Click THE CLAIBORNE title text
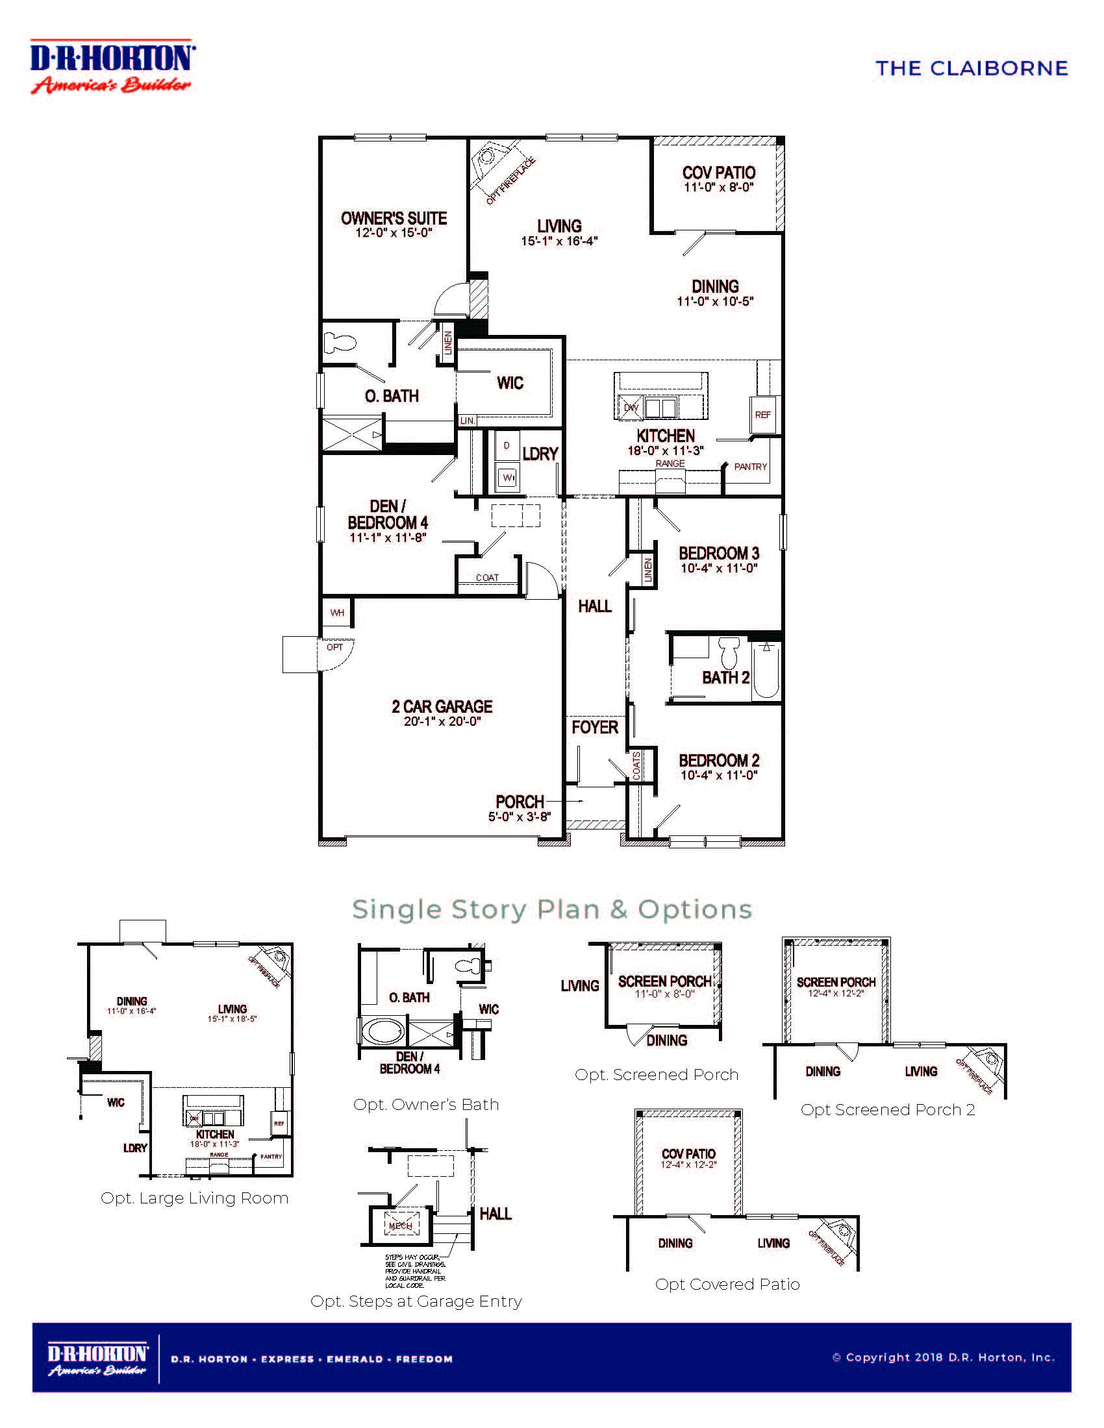pos(972,68)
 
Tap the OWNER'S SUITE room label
pos(394,218)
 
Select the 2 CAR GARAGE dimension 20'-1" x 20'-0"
pos(442,721)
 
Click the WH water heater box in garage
pos(337,613)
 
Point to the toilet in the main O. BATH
pos(340,343)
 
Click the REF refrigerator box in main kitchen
pos(762,415)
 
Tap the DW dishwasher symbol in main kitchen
pos(631,408)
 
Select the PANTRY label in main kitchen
pos(750,467)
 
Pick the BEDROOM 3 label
pos(719,553)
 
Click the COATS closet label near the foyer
pos(636,765)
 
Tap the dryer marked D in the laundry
pos(507,445)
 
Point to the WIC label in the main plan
pos(510,383)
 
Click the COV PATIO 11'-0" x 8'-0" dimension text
pos(719,188)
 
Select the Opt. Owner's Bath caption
pos(426,1104)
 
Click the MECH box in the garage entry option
pos(400,1225)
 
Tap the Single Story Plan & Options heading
pos(552,909)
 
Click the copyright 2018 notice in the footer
pos(943,1357)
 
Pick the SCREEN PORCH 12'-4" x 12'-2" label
pos(836,987)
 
